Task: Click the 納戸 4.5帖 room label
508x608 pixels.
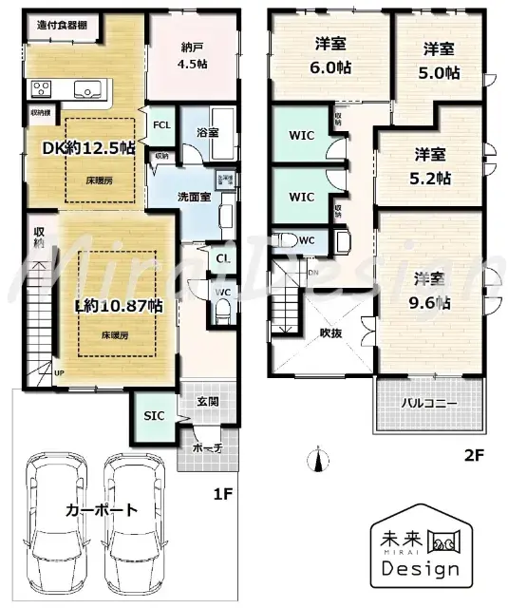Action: click(x=193, y=56)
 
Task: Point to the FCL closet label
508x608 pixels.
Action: click(x=161, y=125)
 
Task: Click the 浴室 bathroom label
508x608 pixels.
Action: click(x=208, y=133)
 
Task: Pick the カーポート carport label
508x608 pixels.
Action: click(x=101, y=510)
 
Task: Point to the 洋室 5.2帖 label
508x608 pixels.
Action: click(x=431, y=164)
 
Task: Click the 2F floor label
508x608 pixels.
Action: click(x=473, y=456)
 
